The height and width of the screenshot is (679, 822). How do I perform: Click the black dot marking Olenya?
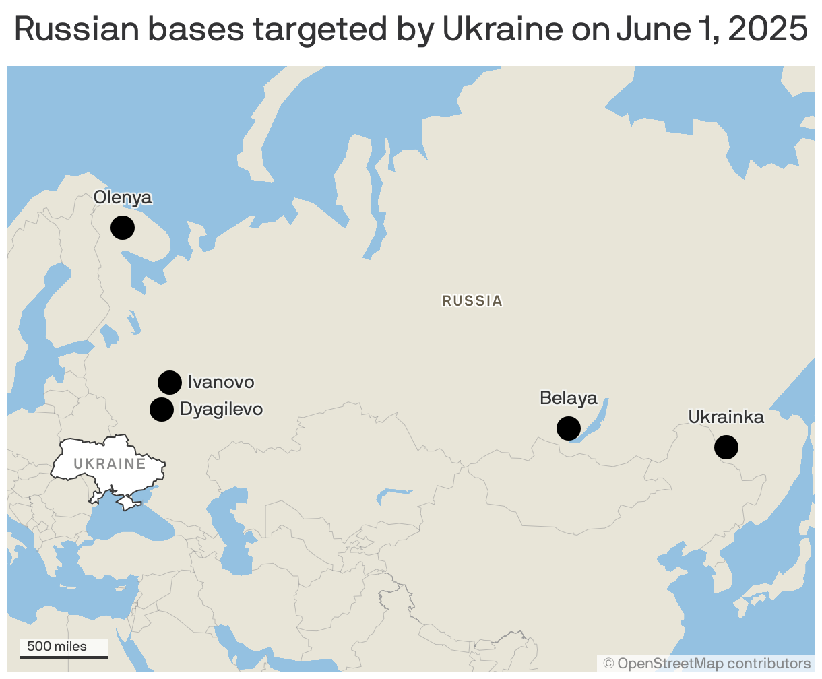(123, 228)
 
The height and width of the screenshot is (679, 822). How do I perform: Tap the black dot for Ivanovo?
(170, 383)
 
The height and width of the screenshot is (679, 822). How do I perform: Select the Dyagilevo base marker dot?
(162, 409)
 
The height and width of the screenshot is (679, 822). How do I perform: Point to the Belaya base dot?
(569, 428)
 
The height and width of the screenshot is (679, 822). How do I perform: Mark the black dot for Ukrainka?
(726, 447)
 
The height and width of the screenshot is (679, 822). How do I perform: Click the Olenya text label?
(123, 197)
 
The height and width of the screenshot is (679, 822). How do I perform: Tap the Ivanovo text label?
(221, 383)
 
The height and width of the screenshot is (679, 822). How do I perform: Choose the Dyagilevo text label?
(221, 409)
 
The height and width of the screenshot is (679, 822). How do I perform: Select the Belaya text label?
(569, 398)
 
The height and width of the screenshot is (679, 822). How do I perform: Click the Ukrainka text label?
(726, 418)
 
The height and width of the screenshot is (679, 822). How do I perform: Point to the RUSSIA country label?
(472, 301)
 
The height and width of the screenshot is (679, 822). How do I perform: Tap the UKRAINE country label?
(110, 464)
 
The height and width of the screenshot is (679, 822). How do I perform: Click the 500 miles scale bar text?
(57, 647)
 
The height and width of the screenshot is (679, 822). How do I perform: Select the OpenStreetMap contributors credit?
(707, 664)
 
